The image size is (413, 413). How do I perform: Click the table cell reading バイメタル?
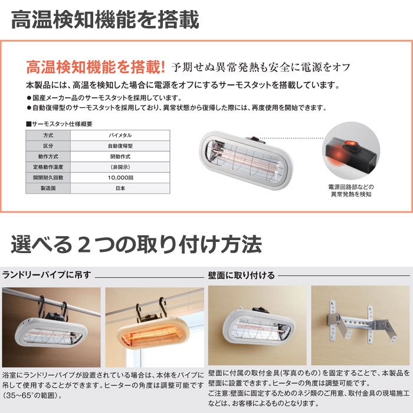(120, 135)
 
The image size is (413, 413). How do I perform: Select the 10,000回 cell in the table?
(120, 178)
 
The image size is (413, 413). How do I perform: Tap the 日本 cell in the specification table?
(120, 188)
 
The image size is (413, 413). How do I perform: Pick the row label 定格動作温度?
(48, 167)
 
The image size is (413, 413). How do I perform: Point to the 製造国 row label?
(48, 188)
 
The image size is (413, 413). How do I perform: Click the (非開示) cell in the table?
(120, 167)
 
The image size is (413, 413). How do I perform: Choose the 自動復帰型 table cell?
(120, 146)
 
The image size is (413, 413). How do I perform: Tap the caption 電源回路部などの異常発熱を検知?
(351, 191)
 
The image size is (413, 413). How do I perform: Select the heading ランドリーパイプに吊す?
(47, 275)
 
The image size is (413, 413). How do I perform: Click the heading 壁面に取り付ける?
(241, 276)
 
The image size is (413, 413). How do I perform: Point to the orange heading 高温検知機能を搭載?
(96, 67)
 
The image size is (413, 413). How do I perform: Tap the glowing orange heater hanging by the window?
(152, 332)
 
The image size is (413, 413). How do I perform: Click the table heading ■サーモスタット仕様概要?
(59, 124)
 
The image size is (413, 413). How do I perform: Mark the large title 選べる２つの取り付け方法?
(136, 244)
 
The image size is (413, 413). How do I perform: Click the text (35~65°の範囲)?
(32, 395)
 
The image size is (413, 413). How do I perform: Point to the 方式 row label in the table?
(48, 135)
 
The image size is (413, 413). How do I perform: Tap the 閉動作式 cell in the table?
(120, 157)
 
